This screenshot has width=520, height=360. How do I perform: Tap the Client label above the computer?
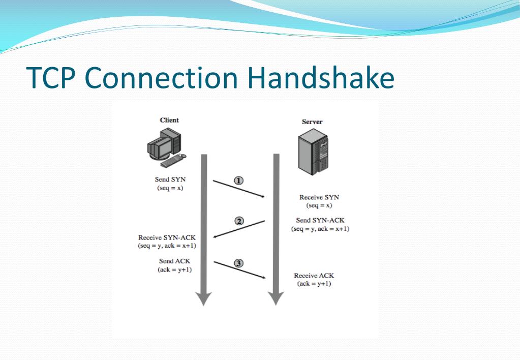pos(169,120)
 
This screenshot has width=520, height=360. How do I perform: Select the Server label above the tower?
pos(312,122)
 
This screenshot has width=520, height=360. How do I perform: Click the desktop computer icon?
pos(164,147)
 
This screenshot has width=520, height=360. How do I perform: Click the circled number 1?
pos(239,181)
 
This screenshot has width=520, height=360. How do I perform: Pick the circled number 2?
pos(239,221)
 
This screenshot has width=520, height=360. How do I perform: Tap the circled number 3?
pos(239,263)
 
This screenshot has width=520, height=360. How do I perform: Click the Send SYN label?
pos(170,179)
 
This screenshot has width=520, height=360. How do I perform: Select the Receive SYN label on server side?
pos(319,197)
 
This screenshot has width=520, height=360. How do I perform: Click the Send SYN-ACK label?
pos(320,220)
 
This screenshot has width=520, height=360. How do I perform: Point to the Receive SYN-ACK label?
pos(167,237)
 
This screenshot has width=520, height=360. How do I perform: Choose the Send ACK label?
pos(174,261)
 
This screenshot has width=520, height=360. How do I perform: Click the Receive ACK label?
pos(314,276)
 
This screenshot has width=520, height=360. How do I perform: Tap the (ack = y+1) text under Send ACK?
pos(174,269)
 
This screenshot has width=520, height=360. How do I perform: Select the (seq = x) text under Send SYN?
pos(170,188)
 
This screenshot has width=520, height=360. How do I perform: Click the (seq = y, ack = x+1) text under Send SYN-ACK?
pos(320,229)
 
